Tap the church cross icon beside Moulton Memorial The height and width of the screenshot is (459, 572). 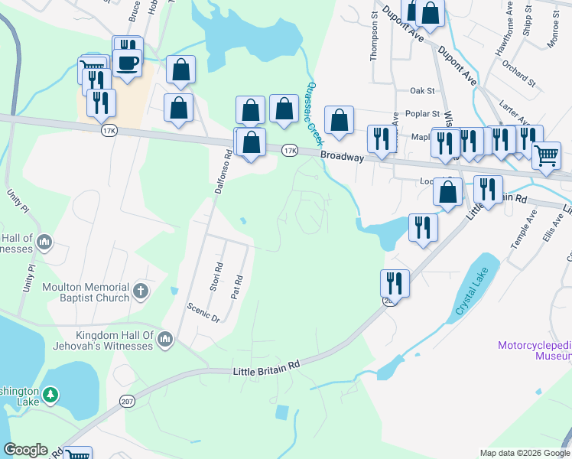[x=140, y=291]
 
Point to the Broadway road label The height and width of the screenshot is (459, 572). [x=341, y=156]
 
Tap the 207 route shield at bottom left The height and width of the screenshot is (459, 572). [x=127, y=399]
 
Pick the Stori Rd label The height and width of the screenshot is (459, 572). [x=215, y=278]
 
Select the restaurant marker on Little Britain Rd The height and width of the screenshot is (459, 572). [x=395, y=283]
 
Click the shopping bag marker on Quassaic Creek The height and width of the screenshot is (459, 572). [x=339, y=120]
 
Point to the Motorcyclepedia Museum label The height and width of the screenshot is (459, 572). [x=535, y=350]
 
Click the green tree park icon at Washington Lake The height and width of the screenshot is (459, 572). [x=50, y=395]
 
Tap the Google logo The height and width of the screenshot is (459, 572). [x=25, y=450]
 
